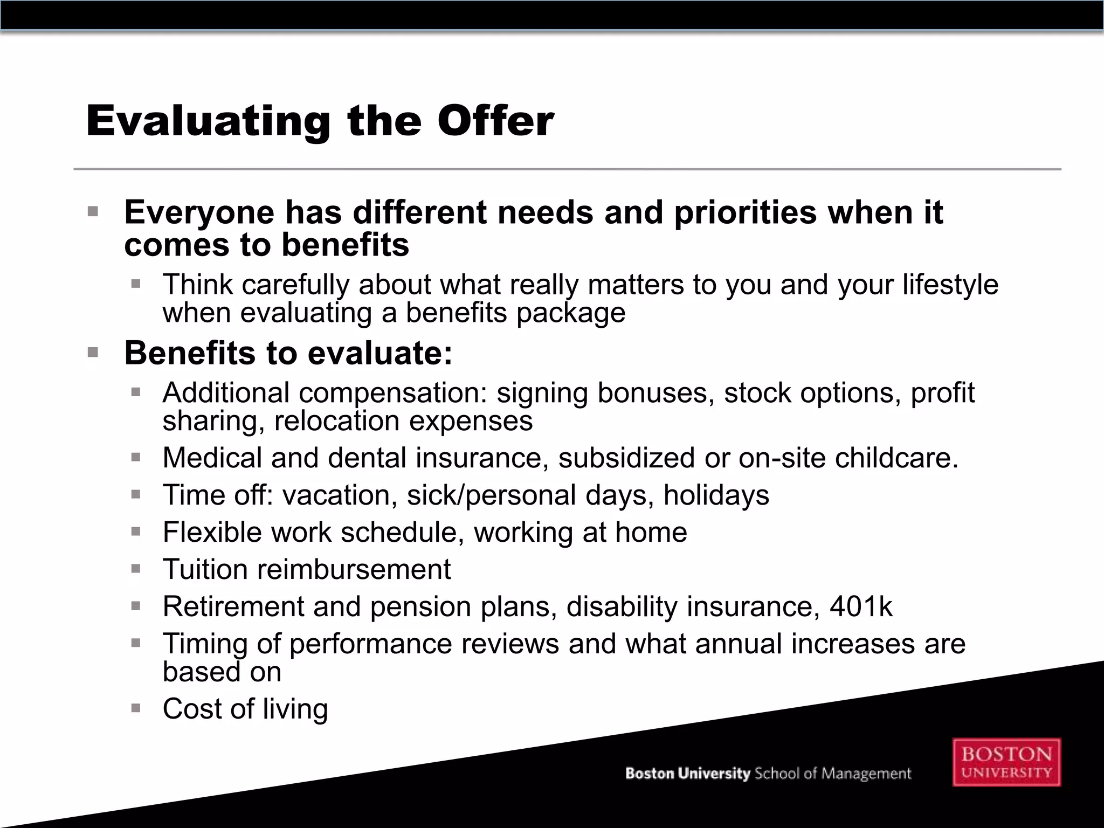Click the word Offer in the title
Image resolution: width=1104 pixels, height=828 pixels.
(x=495, y=121)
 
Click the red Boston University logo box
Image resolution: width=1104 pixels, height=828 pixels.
(x=1006, y=762)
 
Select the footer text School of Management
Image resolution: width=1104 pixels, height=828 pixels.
(x=832, y=774)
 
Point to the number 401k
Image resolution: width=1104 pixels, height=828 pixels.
(x=861, y=606)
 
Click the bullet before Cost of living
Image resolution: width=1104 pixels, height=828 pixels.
(x=136, y=708)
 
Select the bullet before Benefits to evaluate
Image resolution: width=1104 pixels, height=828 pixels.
(x=93, y=353)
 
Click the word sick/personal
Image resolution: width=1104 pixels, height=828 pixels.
(x=491, y=495)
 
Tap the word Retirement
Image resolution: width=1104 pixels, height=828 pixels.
(x=233, y=606)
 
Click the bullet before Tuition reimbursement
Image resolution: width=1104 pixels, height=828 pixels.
(x=136, y=569)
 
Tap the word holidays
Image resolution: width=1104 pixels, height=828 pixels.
(x=716, y=495)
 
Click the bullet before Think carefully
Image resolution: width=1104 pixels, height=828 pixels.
(x=136, y=284)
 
